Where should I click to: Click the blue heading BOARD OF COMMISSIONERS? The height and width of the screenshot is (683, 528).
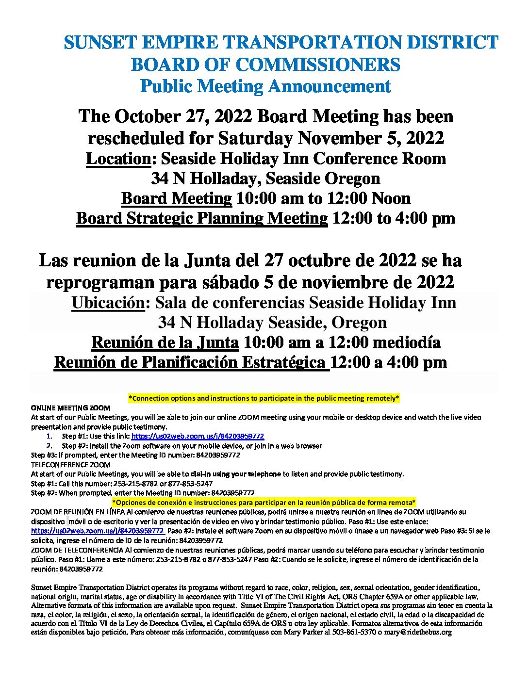point(265,65)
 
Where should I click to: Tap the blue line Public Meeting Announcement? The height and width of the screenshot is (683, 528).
point(265,86)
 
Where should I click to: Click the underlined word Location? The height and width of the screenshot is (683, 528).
point(118,159)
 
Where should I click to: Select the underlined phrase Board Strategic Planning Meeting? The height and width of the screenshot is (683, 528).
point(202,218)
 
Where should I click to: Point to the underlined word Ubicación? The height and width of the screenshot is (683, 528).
point(108,303)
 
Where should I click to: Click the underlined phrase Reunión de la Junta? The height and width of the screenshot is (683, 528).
point(165,342)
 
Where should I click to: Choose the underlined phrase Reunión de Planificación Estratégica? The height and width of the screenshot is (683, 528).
point(191,362)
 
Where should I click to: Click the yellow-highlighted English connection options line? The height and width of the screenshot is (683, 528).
point(264,398)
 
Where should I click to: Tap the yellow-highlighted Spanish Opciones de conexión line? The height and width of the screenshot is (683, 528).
point(264,502)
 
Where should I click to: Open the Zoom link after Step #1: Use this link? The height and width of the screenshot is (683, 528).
point(198,437)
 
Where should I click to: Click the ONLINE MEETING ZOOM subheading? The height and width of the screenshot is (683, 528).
point(71,408)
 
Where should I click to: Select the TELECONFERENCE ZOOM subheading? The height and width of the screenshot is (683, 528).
point(71,465)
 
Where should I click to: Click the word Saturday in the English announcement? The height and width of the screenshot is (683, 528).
point(256,138)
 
